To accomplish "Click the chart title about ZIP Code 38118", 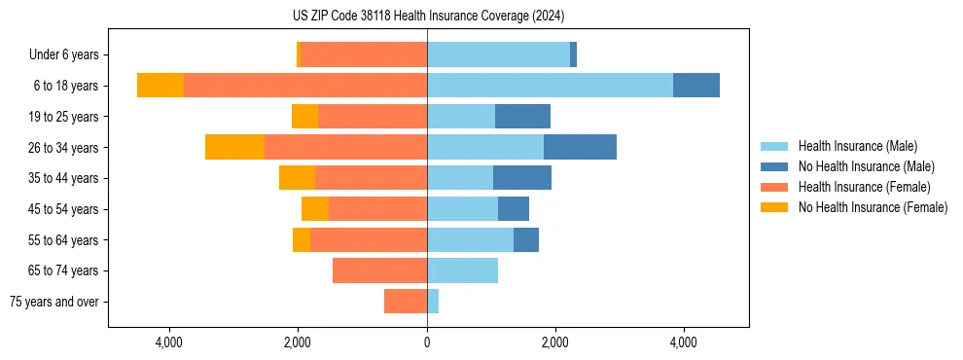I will click(x=428, y=17).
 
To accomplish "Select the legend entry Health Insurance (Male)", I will click(x=857, y=146).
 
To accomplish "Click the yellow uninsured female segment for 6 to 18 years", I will click(x=160, y=86).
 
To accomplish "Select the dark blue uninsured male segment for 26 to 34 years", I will click(x=580, y=147).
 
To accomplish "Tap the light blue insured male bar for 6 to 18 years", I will click(x=550, y=86).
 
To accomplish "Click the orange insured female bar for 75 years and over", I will click(x=406, y=302).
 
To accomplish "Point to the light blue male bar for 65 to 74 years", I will click(x=462, y=270).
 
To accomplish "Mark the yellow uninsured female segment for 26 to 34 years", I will click(x=234, y=147).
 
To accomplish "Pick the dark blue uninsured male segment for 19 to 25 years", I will click(x=522, y=117).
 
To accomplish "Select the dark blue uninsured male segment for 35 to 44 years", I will click(x=522, y=178).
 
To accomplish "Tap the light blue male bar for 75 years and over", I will click(x=433, y=302).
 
